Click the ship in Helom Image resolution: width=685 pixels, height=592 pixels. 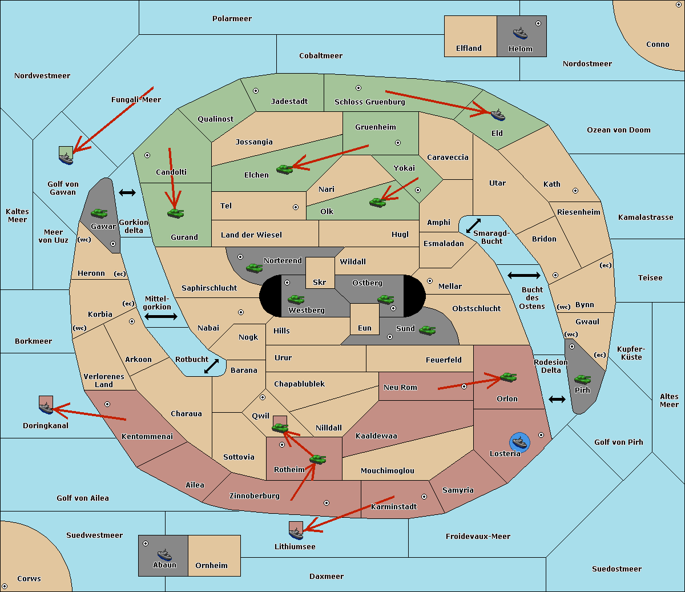[520, 33]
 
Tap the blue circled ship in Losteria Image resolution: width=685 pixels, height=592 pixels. [519, 441]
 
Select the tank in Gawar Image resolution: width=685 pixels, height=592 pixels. [99, 213]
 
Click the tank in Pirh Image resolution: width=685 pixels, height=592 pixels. [582, 379]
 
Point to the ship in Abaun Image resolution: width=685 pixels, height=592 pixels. [164, 554]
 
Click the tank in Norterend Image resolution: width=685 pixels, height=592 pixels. [254, 267]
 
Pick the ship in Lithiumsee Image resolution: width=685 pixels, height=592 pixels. [296, 533]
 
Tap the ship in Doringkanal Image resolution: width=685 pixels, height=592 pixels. [46, 407]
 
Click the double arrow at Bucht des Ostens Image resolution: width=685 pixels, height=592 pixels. [523, 276]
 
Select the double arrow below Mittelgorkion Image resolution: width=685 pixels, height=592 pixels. [161, 316]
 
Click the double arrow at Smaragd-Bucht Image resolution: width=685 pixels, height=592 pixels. [473, 226]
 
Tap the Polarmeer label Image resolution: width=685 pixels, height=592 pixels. [232, 19]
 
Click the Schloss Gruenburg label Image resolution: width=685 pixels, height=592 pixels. [369, 102]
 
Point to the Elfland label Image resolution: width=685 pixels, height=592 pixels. [469, 49]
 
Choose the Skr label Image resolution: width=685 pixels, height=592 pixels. [319, 282]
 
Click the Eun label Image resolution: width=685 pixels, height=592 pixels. [364, 328]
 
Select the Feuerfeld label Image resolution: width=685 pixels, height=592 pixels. [444, 360]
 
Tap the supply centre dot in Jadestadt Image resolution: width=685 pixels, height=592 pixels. [256, 90]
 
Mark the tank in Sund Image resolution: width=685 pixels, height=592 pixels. [427, 330]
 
